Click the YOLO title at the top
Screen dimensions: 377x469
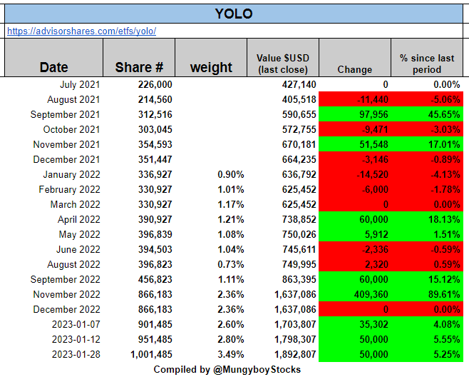234,14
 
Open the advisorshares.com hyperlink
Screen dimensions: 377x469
81,31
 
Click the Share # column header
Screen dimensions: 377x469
139,67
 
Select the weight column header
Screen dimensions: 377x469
211,67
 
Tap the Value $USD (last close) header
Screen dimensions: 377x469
282,63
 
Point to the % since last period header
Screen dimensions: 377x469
426,63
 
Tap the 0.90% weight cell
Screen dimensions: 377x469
230,174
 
